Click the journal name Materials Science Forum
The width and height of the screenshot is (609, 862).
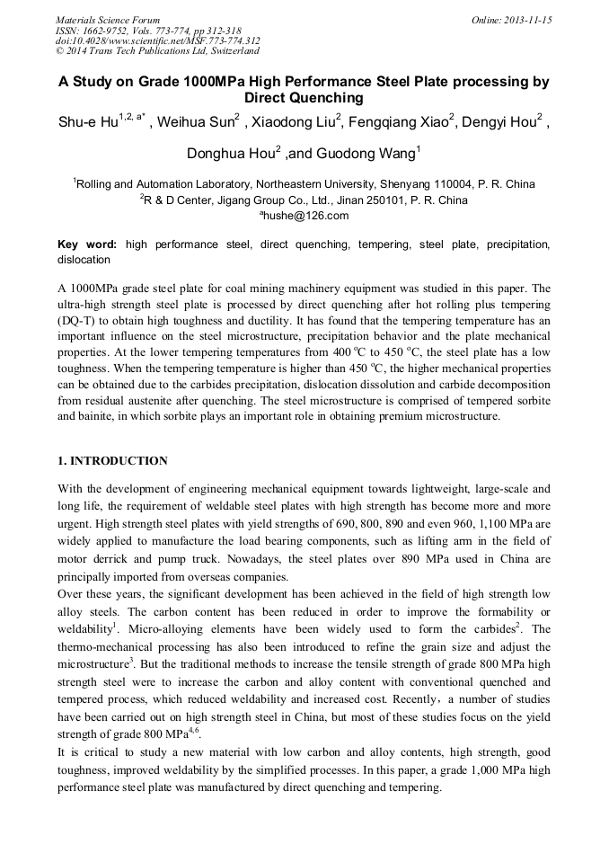[x=108, y=20]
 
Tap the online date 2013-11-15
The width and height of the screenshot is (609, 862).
[x=521, y=20]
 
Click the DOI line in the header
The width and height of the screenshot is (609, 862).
[x=158, y=40]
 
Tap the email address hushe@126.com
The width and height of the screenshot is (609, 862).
[x=304, y=216]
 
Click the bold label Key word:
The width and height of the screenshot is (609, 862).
[x=87, y=244]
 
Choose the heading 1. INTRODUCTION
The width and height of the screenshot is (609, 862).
[x=112, y=461]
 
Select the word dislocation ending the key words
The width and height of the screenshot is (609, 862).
[x=84, y=260]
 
